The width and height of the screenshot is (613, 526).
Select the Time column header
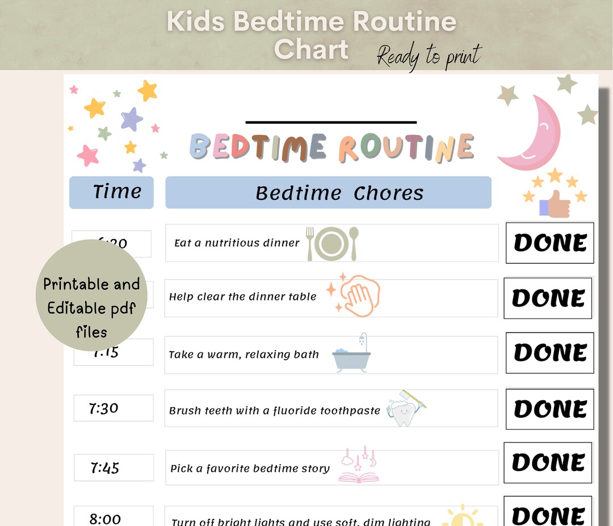click(x=111, y=192)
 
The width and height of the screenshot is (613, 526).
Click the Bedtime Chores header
click(x=328, y=193)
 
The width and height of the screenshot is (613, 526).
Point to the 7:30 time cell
click(x=113, y=408)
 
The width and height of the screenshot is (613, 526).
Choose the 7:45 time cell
click(x=114, y=467)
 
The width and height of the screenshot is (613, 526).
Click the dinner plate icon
click(x=332, y=243)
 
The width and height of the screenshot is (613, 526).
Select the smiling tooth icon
click(x=404, y=409)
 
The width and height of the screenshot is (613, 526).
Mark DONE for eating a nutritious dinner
click(x=549, y=243)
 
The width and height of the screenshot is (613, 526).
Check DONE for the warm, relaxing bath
click(x=549, y=353)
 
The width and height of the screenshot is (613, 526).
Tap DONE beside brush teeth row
click(x=549, y=408)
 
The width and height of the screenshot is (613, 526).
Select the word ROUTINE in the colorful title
click(x=406, y=147)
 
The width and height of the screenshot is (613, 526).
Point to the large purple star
click(x=131, y=119)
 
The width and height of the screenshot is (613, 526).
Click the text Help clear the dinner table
click(x=243, y=297)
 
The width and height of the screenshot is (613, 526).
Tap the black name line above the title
click(x=331, y=122)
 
